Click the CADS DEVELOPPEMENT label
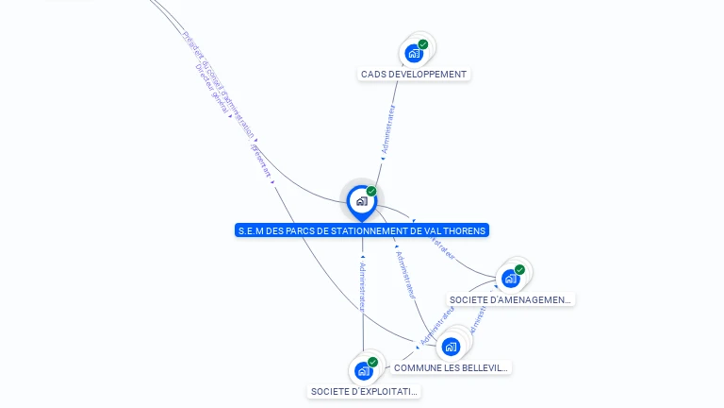(x=414, y=74)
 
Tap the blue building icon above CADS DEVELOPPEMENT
(x=413, y=54)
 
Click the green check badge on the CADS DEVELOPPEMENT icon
(x=423, y=44)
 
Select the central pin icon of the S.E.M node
(x=361, y=200)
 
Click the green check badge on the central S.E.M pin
(x=371, y=191)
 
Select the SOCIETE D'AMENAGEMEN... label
(x=510, y=299)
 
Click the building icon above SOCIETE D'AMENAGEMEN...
(x=510, y=279)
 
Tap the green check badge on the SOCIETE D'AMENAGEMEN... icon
(x=520, y=269)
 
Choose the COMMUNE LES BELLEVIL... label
(x=451, y=367)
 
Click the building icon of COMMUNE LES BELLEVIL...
(x=451, y=347)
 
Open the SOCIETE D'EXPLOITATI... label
(x=364, y=391)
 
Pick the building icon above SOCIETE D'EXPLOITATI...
(x=362, y=371)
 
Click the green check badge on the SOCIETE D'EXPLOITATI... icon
(x=372, y=362)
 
